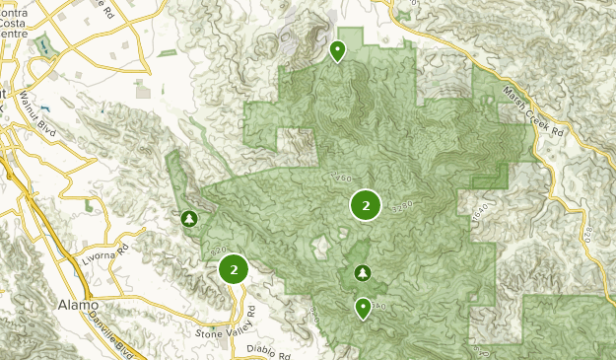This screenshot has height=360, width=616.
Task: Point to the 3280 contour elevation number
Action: tap(403, 209)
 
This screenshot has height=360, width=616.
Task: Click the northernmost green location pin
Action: tap(338, 49)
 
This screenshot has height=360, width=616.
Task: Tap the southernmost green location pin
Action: tap(363, 308)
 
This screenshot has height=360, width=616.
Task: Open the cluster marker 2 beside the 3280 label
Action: tap(366, 206)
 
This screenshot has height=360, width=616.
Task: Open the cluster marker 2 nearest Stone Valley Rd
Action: tap(234, 268)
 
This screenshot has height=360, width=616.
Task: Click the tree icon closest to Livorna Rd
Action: tap(189, 218)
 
